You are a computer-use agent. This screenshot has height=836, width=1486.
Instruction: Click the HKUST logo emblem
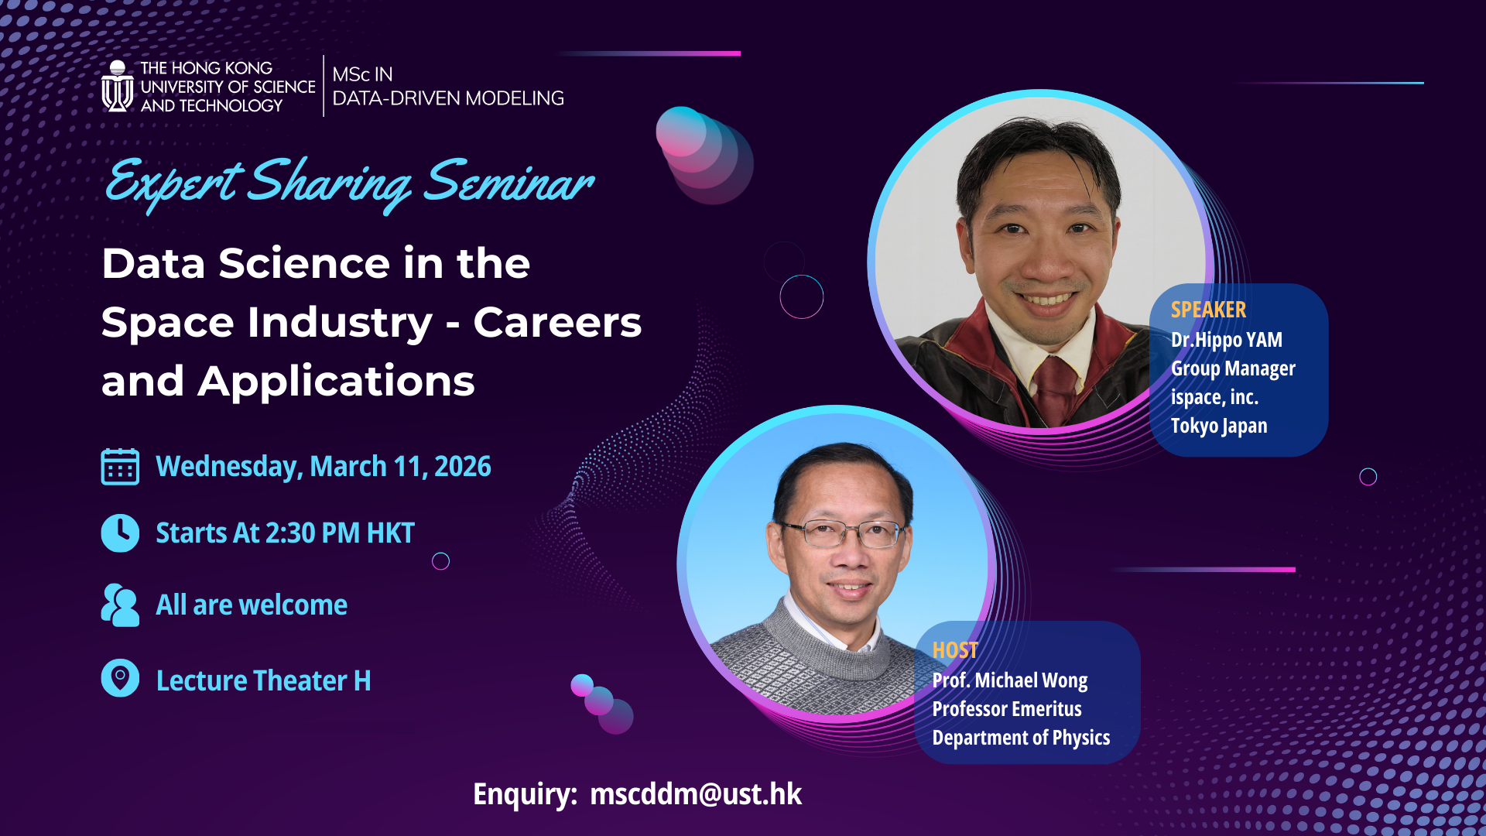click(118, 87)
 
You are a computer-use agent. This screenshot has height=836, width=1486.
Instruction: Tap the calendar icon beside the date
click(120, 467)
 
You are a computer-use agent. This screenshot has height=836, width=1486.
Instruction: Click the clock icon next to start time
click(120, 533)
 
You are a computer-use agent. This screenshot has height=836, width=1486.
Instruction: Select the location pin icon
click(120, 678)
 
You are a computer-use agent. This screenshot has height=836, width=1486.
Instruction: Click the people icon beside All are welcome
click(120, 605)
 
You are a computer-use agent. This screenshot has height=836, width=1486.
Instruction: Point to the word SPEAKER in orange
click(1208, 310)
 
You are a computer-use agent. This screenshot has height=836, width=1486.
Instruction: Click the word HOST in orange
click(955, 650)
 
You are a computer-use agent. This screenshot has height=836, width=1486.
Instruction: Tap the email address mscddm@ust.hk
click(695, 794)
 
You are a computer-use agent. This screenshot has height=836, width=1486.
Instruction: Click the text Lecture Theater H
click(263, 680)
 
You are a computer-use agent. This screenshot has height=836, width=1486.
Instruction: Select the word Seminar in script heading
click(508, 183)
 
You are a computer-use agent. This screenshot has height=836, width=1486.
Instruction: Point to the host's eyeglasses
click(844, 533)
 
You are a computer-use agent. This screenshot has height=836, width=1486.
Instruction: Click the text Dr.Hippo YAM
click(1226, 340)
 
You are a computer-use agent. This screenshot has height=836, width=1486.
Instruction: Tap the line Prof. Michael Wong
click(1009, 680)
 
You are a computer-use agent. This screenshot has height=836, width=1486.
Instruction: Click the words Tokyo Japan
click(1218, 426)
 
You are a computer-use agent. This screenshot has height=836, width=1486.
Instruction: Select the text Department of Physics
click(1020, 738)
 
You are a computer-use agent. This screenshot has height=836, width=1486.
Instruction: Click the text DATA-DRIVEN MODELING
click(447, 98)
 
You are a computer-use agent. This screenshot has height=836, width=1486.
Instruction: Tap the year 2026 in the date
click(462, 467)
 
